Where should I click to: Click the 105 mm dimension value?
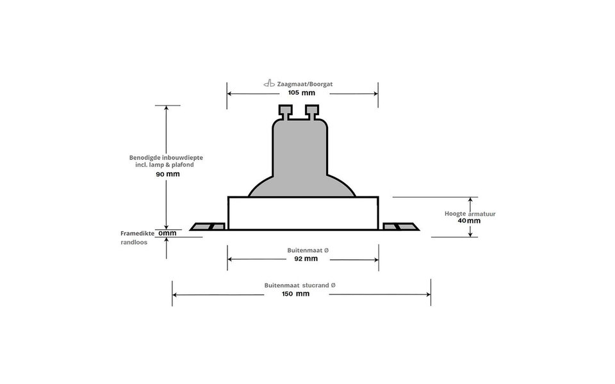[x=302, y=93]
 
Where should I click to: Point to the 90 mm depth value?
[x=168, y=174]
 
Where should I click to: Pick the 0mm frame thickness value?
[x=167, y=234]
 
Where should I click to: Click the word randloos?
[x=134, y=243]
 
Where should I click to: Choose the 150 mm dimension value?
[x=295, y=294]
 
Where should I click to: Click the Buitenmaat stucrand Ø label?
[x=300, y=285]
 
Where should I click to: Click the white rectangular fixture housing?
[x=303, y=213]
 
